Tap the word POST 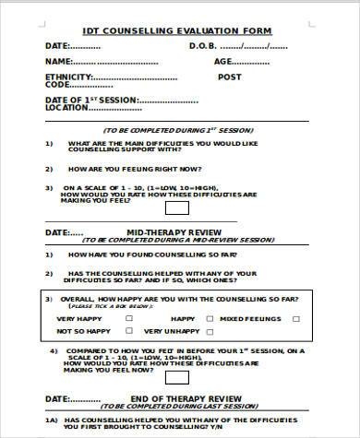pyautogui.click(x=229, y=77)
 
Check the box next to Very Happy pyautogui.click(x=128, y=318)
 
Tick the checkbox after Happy pyautogui.click(x=210, y=318)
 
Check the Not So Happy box pyautogui.click(x=128, y=330)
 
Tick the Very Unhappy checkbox pyautogui.click(x=210, y=330)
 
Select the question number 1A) pyautogui.click(x=51, y=418)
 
